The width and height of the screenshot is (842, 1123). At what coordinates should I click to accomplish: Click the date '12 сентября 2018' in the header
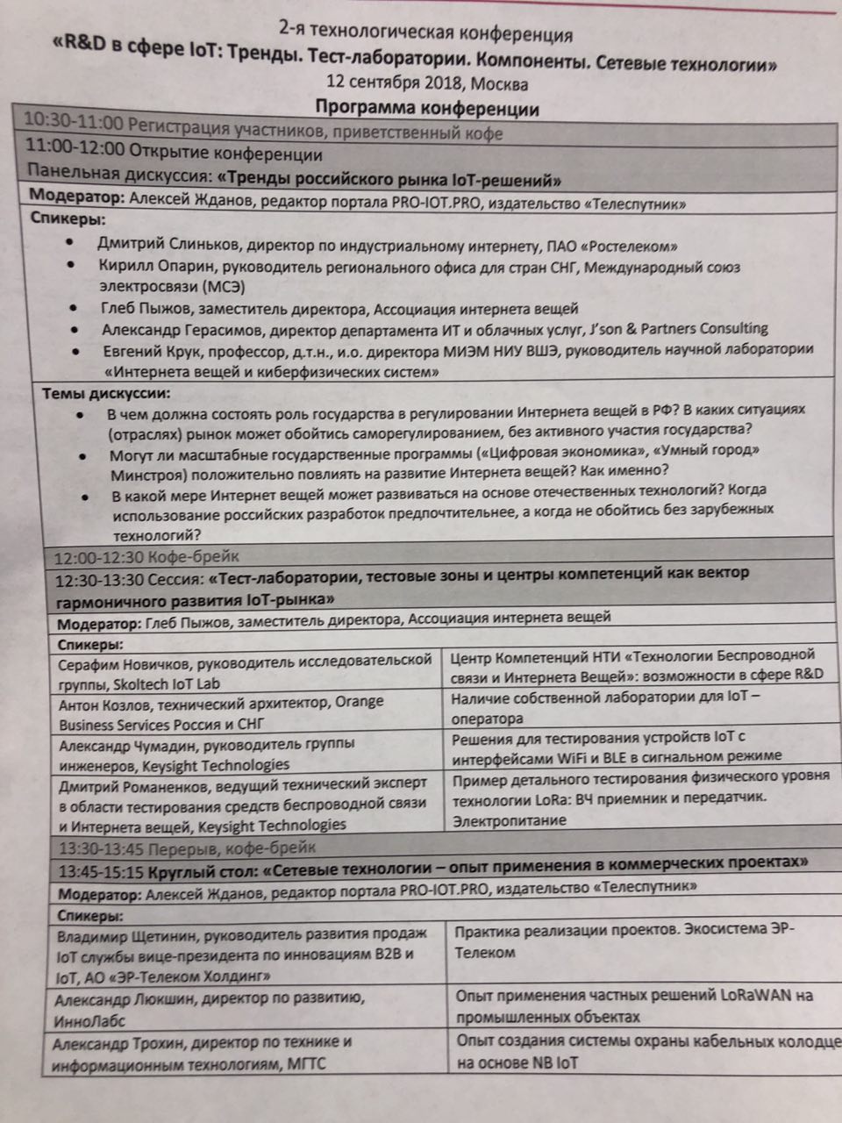coord(396,84)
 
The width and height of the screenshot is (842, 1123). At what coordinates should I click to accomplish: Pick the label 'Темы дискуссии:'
coord(106,393)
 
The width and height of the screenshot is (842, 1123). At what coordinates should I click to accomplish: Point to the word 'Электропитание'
coord(510,820)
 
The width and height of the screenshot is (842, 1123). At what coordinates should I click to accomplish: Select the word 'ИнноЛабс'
coord(90,1020)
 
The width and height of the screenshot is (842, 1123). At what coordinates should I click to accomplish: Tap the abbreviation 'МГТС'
coord(308,1064)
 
